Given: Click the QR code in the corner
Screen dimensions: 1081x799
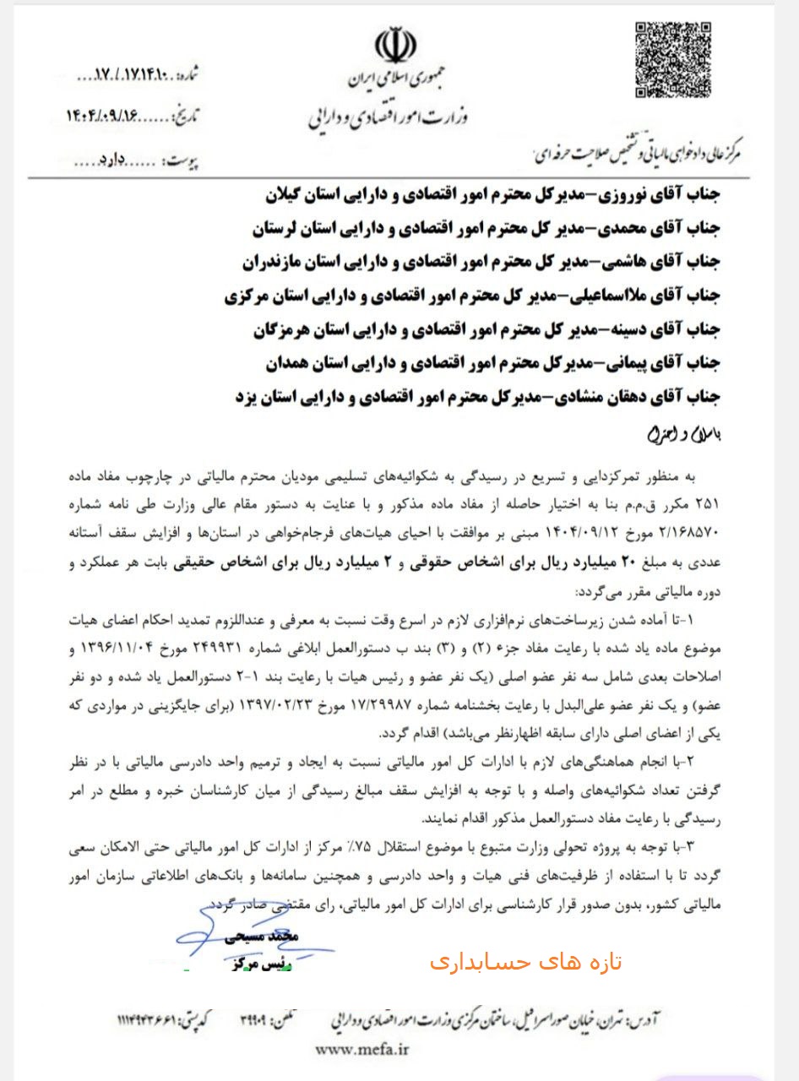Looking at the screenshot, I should click(673, 61).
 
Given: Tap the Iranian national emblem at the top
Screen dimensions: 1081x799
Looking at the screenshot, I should click(396, 47).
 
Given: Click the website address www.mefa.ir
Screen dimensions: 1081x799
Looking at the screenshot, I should click(361, 1050).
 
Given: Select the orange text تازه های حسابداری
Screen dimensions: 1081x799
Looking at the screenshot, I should click(525, 962).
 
